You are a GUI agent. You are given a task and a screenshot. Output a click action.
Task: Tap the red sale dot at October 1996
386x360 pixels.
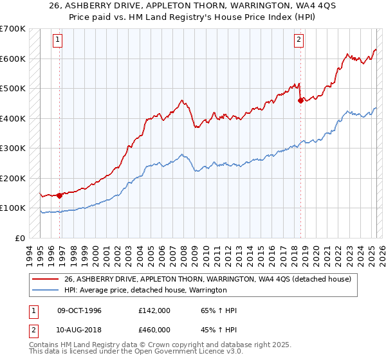(x=59, y=195)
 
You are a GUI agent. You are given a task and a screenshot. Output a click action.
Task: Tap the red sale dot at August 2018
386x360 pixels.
(x=300, y=100)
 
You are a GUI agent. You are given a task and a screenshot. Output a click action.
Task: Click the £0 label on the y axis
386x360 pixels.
(x=21, y=238)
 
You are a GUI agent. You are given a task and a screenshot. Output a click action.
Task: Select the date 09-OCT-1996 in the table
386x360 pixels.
(x=79, y=310)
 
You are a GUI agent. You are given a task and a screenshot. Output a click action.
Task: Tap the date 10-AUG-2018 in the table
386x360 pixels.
(x=79, y=329)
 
